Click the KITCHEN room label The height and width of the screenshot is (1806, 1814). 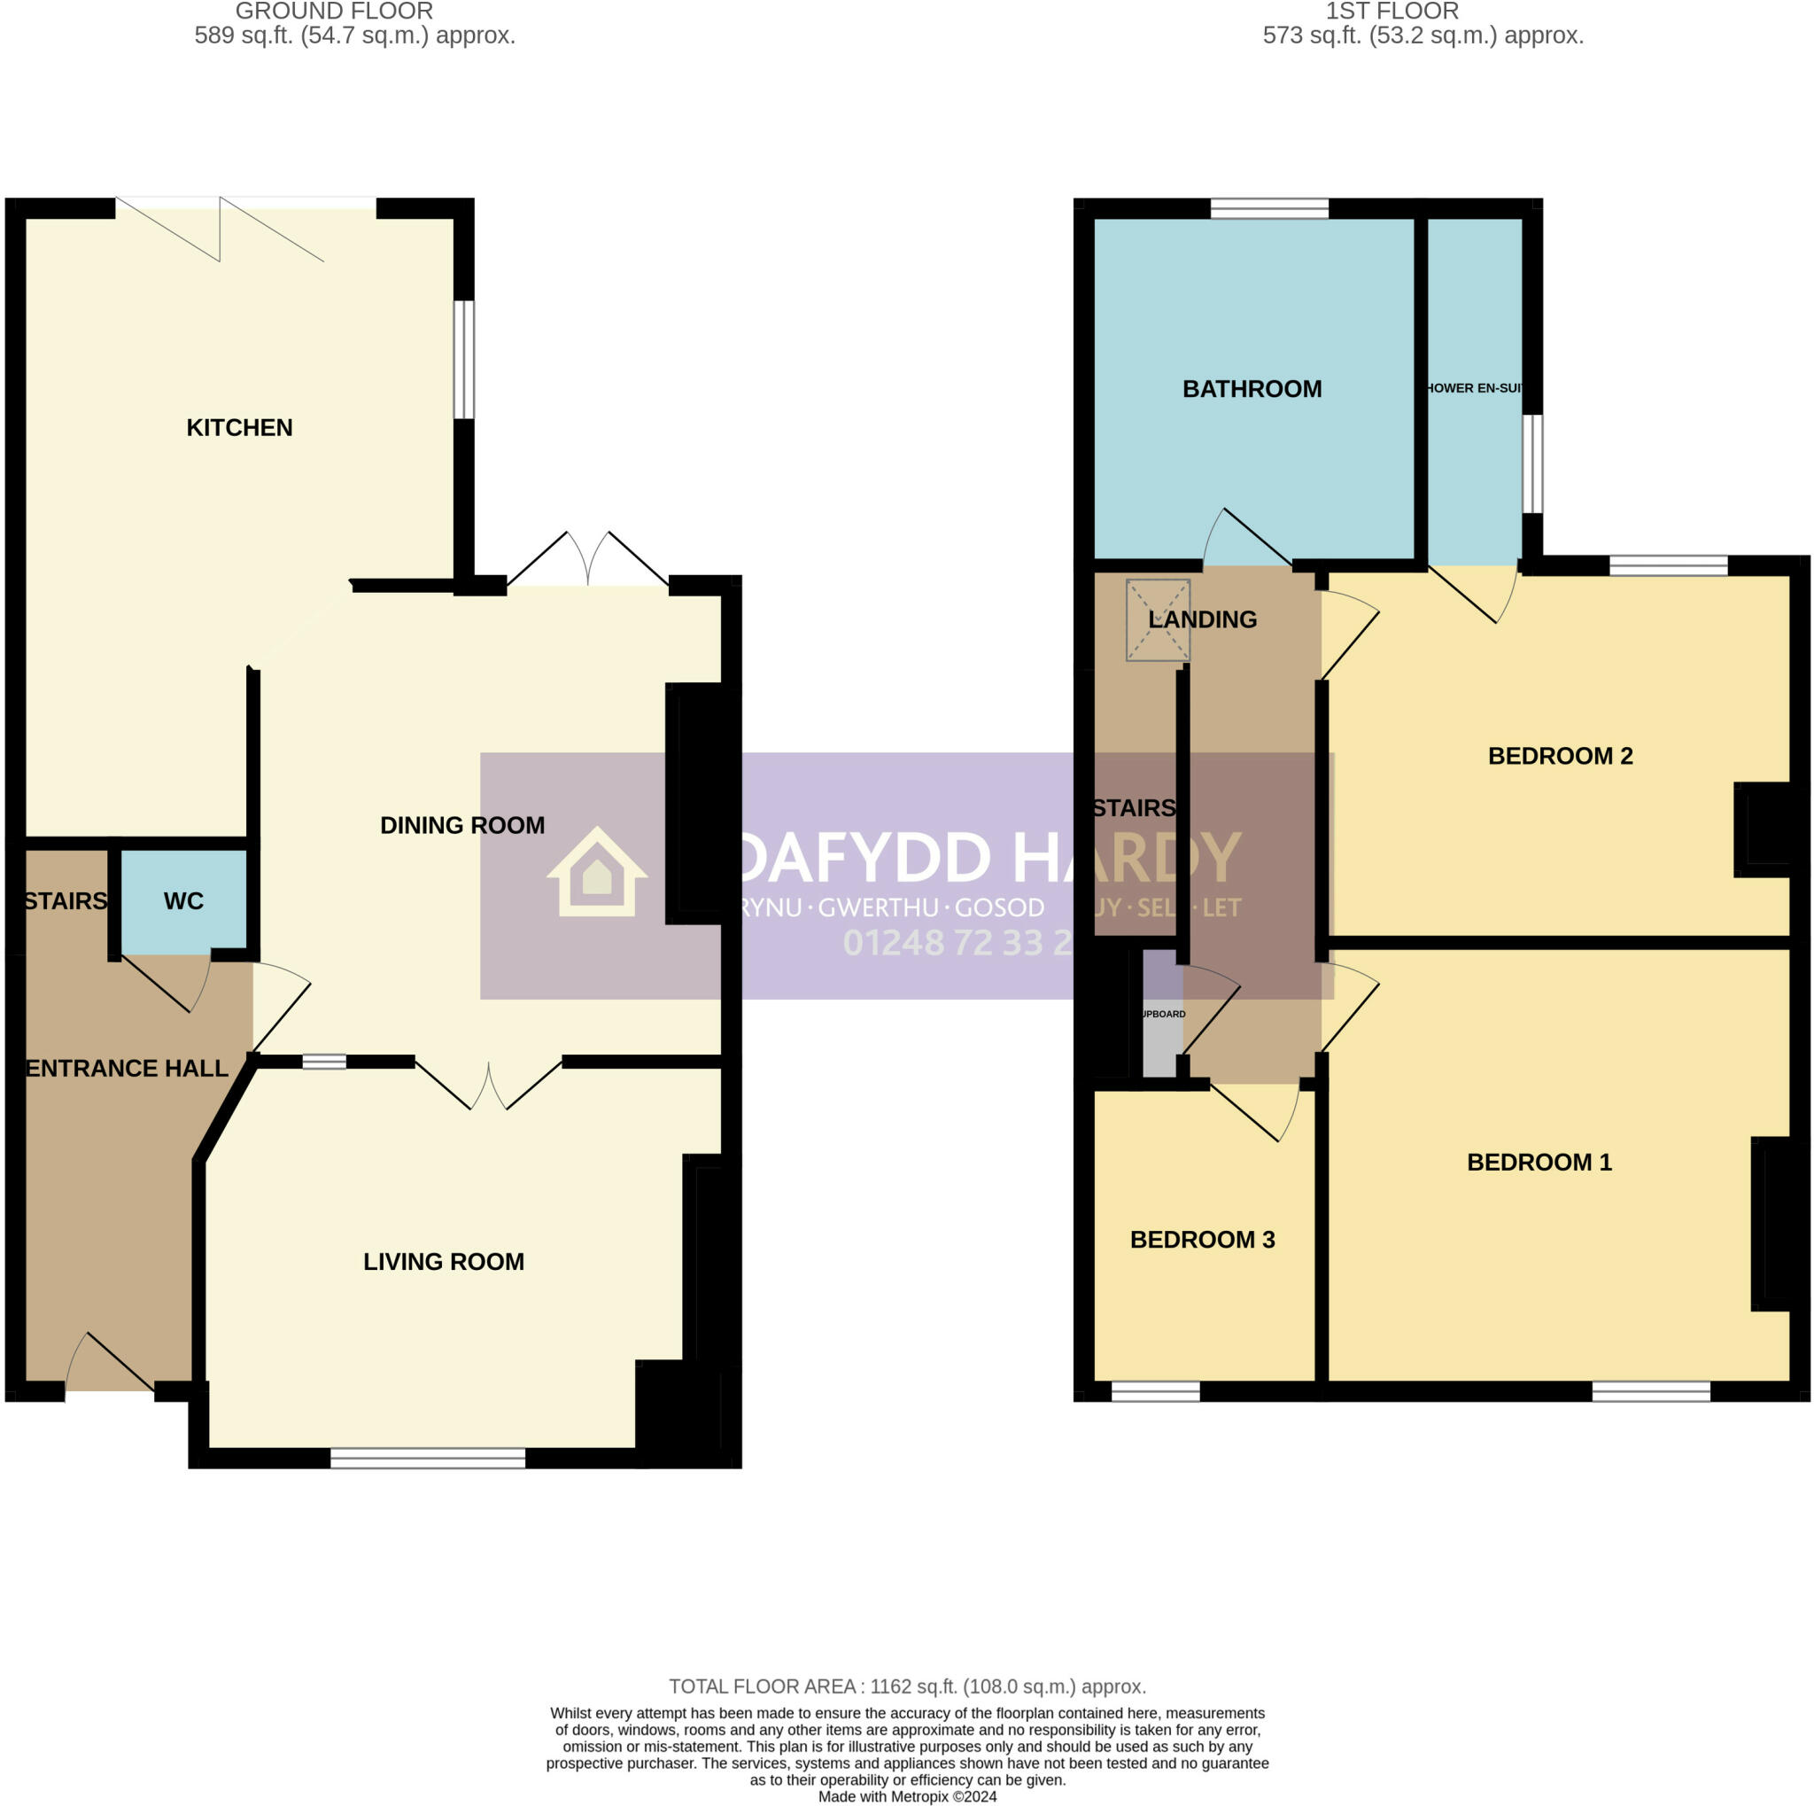click(x=239, y=427)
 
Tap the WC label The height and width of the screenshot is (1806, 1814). click(x=183, y=900)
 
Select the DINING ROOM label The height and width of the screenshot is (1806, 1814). click(x=462, y=825)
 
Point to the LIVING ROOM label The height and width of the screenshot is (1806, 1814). click(x=443, y=1261)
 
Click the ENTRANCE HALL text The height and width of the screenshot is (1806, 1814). click(x=127, y=1068)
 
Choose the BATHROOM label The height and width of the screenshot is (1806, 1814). click(x=1252, y=389)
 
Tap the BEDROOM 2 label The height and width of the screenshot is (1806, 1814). click(x=1560, y=755)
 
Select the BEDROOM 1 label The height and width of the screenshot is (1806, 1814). click(x=1539, y=1162)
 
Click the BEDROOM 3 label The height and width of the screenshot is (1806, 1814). click(x=1202, y=1239)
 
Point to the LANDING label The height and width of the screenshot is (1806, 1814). click(x=1202, y=619)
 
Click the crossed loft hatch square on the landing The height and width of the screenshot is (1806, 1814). click(x=1158, y=619)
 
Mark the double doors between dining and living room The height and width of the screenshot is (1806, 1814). click(x=488, y=1085)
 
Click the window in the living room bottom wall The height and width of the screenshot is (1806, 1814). click(x=427, y=1458)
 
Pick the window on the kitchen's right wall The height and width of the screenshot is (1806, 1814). click(x=464, y=359)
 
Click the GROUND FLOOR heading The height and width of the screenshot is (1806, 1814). click(x=334, y=12)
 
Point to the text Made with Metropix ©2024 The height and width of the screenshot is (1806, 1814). click(x=907, y=1795)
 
